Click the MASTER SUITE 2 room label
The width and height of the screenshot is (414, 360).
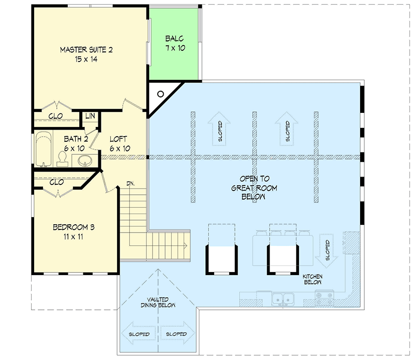coord(86,54)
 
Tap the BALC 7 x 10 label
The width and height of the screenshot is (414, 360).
coord(175,43)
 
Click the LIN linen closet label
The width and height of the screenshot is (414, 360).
coord(91,116)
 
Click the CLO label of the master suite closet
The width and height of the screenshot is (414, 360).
coord(56,116)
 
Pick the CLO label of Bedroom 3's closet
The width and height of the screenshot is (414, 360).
coord(56,182)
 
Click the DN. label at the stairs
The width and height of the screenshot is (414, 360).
coord(130,183)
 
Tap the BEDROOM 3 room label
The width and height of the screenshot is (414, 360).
coord(73,232)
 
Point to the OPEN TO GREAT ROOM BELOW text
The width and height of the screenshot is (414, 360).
coord(254,188)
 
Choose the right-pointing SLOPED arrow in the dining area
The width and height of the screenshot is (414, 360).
coord(178,334)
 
